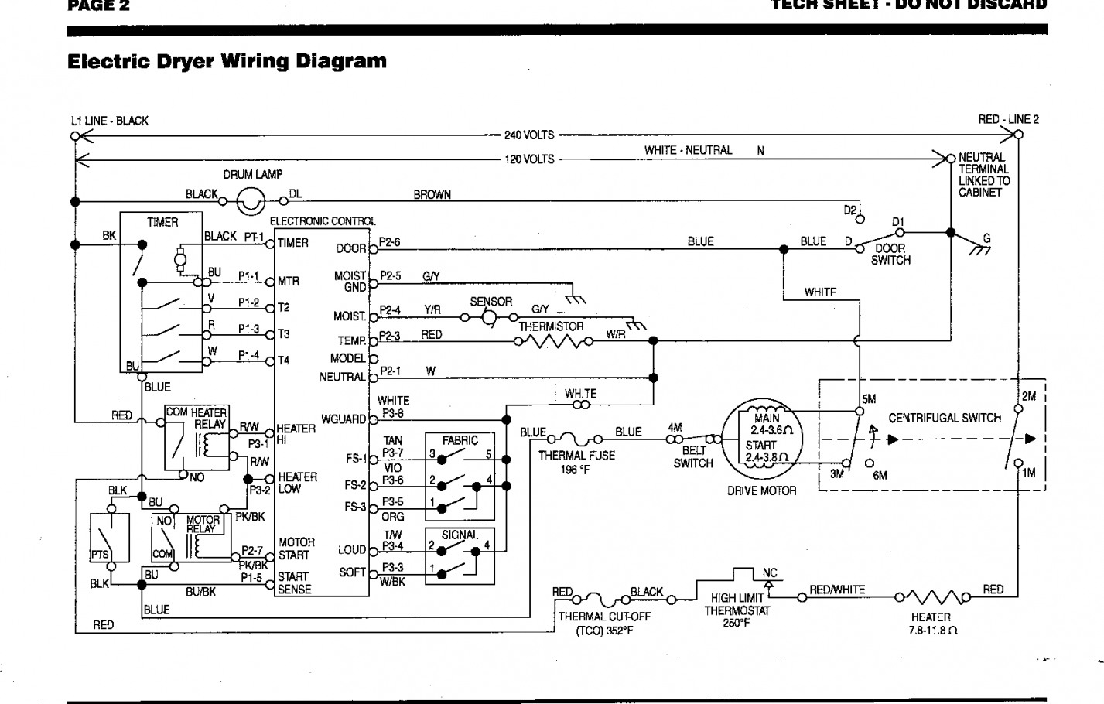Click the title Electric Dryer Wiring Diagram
[227, 61]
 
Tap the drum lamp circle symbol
[251, 203]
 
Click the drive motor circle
[761, 441]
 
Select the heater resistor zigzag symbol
[931, 596]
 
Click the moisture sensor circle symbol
[489, 317]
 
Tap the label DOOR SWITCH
[890, 255]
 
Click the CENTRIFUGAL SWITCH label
[945, 418]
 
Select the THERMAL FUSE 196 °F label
[576, 462]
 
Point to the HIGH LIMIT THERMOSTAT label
[737, 610]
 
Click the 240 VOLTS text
[529, 135]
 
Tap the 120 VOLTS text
[529, 159]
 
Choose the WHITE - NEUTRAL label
[688, 150]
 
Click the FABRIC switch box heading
[460, 440]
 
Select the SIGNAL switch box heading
[460, 535]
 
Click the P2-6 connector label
[390, 242]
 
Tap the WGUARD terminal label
[344, 419]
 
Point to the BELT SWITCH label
[693, 456]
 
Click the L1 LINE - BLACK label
[109, 121]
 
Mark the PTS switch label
[99, 555]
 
